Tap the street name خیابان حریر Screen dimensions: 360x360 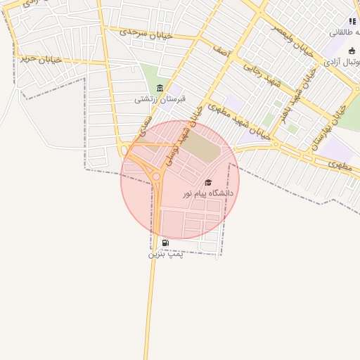[41, 59]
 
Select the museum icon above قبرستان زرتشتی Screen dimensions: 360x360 [160, 88]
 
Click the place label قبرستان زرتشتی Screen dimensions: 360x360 [160, 99]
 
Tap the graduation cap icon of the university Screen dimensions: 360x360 [208, 183]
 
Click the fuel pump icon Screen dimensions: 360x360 [165, 243]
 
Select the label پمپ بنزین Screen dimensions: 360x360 [165, 254]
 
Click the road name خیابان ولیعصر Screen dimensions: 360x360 [290, 36]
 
